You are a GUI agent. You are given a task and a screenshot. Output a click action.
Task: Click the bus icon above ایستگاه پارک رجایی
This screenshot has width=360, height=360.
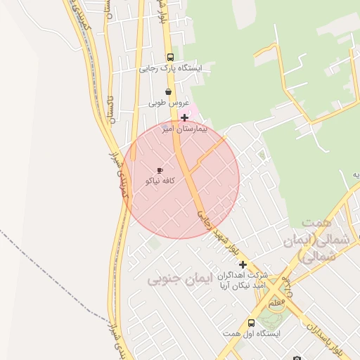click(169, 57)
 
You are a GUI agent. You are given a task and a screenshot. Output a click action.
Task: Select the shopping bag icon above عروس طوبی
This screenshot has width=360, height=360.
click(167, 91)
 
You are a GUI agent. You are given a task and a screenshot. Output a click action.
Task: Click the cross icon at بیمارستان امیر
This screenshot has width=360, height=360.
click(184, 117)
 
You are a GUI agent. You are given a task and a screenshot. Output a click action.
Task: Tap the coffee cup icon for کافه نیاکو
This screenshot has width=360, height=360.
click(160, 170)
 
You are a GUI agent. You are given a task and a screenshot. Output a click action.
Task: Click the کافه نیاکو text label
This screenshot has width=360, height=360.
click(160, 181)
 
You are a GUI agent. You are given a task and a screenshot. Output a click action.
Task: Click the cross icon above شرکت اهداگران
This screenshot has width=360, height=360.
click(243, 265)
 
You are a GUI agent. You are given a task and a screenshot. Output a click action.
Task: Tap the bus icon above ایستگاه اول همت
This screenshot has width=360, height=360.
click(251, 323)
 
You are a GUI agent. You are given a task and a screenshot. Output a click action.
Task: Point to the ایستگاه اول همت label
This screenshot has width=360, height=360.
click(251, 333)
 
